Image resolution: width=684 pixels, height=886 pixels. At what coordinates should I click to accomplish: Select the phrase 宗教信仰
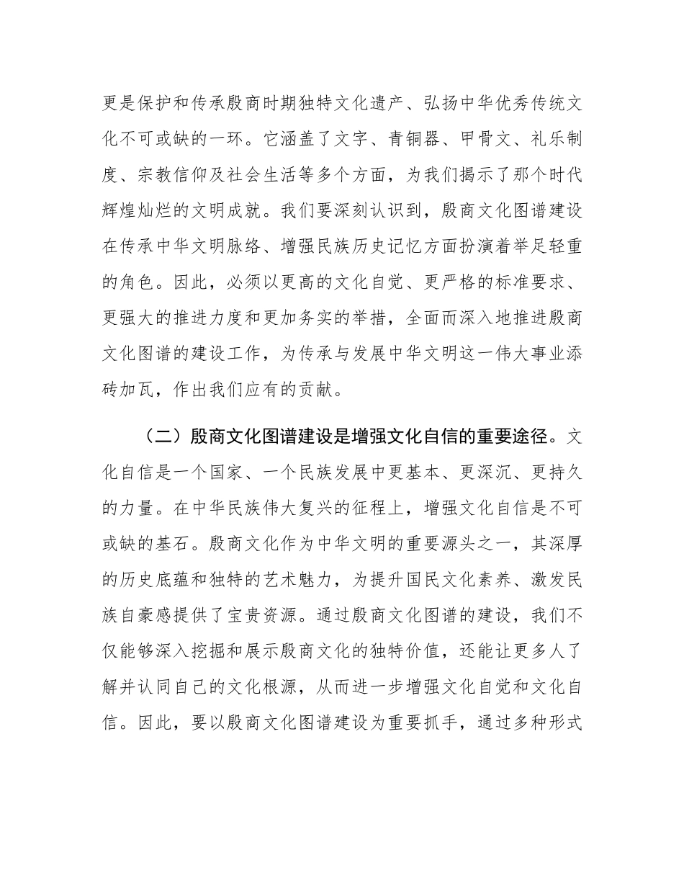185,172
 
